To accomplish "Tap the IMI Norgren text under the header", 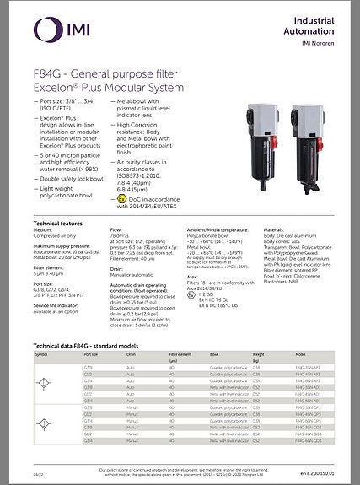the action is click(x=320, y=43).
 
